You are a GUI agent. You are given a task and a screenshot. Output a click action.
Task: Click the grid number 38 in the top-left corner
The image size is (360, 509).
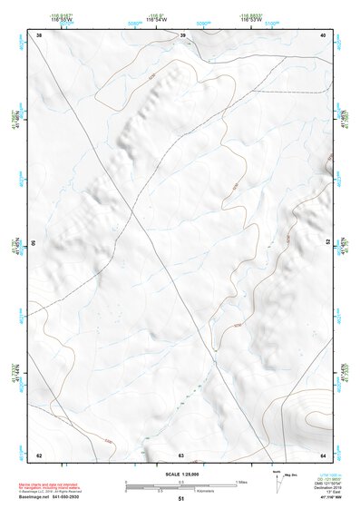point(39,35)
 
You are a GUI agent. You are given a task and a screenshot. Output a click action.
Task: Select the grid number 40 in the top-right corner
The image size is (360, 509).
point(324,35)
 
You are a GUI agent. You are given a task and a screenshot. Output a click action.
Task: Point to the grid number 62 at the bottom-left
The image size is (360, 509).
point(39,455)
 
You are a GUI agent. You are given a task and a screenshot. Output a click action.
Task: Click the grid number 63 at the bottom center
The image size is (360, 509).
point(181,455)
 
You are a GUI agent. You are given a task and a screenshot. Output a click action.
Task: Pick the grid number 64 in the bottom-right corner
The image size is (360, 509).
point(324,455)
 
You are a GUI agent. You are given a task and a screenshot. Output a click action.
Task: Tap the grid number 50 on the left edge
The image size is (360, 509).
point(34,244)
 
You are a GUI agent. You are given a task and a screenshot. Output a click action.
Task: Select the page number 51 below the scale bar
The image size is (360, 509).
point(181,499)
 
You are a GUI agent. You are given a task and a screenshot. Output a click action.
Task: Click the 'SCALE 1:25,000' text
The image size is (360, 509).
point(180,474)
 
